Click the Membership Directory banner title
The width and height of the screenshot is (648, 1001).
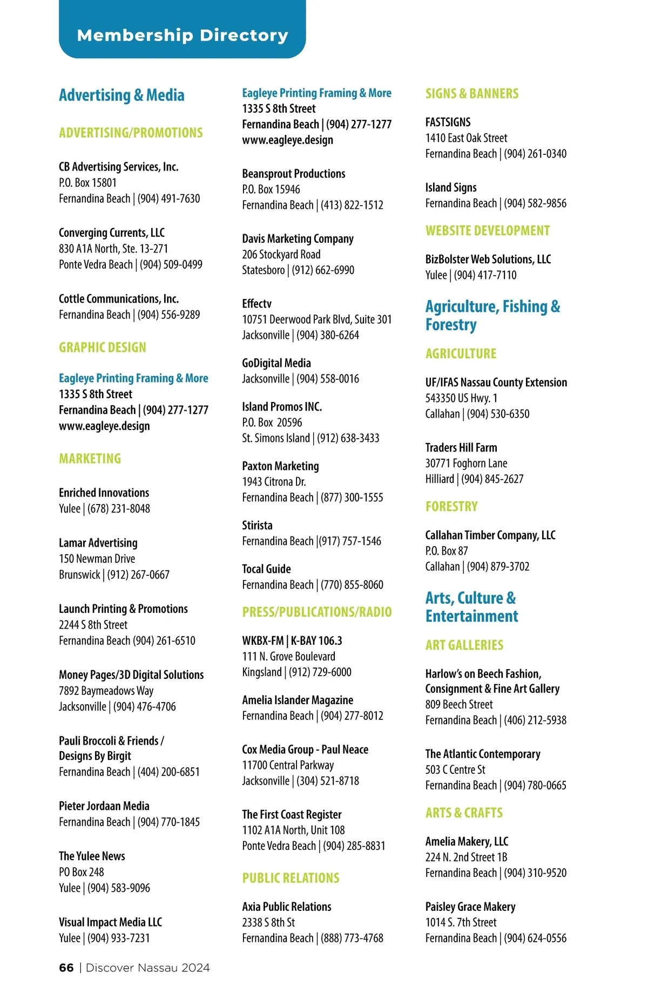[x=183, y=36]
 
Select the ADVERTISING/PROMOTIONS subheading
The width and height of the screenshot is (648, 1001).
[x=131, y=133]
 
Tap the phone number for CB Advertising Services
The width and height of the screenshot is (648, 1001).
[x=168, y=199]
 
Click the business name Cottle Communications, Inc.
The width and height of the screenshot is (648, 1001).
[x=119, y=299]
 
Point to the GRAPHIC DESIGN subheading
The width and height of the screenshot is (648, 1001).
[x=103, y=348]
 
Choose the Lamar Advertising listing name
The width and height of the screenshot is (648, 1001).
[x=98, y=543]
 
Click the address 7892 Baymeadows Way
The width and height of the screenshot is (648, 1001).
[x=106, y=691]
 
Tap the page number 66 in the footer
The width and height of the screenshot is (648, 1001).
[x=66, y=968]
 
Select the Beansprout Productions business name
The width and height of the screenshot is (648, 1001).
[x=294, y=174]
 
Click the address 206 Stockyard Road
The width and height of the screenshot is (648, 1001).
[x=281, y=254]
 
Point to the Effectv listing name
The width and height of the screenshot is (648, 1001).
[x=257, y=304]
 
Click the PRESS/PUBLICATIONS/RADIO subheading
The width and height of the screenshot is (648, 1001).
[x=317, y=612]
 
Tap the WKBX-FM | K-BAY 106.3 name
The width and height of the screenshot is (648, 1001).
[x=292, y=641]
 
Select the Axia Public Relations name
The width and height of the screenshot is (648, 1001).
[x=287, y=907]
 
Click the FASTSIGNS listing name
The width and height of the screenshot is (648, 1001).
[x=448, y=122]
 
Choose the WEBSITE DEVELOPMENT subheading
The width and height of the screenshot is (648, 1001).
[x=488, y=231]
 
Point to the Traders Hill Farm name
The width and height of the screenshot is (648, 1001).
[x=461, y=447]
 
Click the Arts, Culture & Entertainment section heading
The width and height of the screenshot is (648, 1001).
[x=471, y=607]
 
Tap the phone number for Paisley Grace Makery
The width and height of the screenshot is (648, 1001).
[x=535, y=938]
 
